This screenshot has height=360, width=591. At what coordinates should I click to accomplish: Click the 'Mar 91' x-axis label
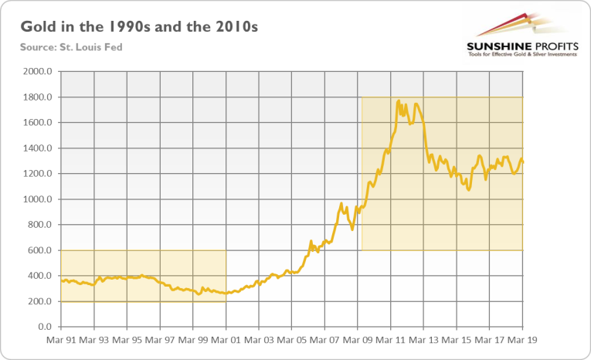pyautogui.click(x=61, y=339)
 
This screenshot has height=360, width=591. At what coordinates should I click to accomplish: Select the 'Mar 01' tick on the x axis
pyautogui.click(x=226, y=339)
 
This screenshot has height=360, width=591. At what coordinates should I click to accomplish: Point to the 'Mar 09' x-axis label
pyautogui.click(x=358, y=339)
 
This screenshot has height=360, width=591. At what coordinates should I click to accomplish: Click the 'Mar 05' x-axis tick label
pyautogui.click(x=292, y=339)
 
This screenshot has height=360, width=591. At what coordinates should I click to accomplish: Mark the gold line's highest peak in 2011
pyautogui.click(x=398, y=100)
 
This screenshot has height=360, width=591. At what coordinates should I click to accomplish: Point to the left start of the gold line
pyautogui.click(x=62, y=280)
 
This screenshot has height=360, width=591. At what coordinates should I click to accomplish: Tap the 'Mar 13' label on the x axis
pyautogui.click(x=424, y=339)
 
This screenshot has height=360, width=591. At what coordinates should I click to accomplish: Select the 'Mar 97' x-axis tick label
pyautogui.click(x=160, y=339)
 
